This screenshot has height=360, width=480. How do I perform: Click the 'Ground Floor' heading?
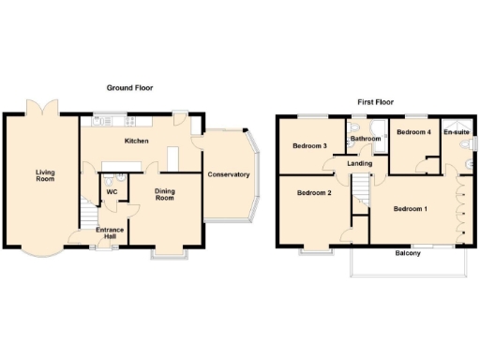(130, 88)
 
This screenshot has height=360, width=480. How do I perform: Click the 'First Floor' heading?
(374, 100)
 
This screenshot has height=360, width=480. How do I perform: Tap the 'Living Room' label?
(45, 175)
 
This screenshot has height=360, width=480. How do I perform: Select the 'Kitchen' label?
(138, 141)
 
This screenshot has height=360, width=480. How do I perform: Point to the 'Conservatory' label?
(229, 174)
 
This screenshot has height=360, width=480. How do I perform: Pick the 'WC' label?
(112, 192)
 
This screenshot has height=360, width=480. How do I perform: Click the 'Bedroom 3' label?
(309, 146)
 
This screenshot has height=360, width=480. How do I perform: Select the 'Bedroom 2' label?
(314, 193)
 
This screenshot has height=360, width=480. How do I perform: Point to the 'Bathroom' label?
(365, 140)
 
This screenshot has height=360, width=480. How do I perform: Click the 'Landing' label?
(360, 164)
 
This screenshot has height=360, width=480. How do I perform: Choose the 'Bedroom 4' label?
(413, 133)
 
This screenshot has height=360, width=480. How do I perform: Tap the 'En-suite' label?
(456, 133)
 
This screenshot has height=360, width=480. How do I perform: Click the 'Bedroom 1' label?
(411, 208)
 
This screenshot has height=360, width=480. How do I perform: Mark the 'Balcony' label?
(407, 253)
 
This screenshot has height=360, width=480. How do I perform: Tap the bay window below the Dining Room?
(171, 251)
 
